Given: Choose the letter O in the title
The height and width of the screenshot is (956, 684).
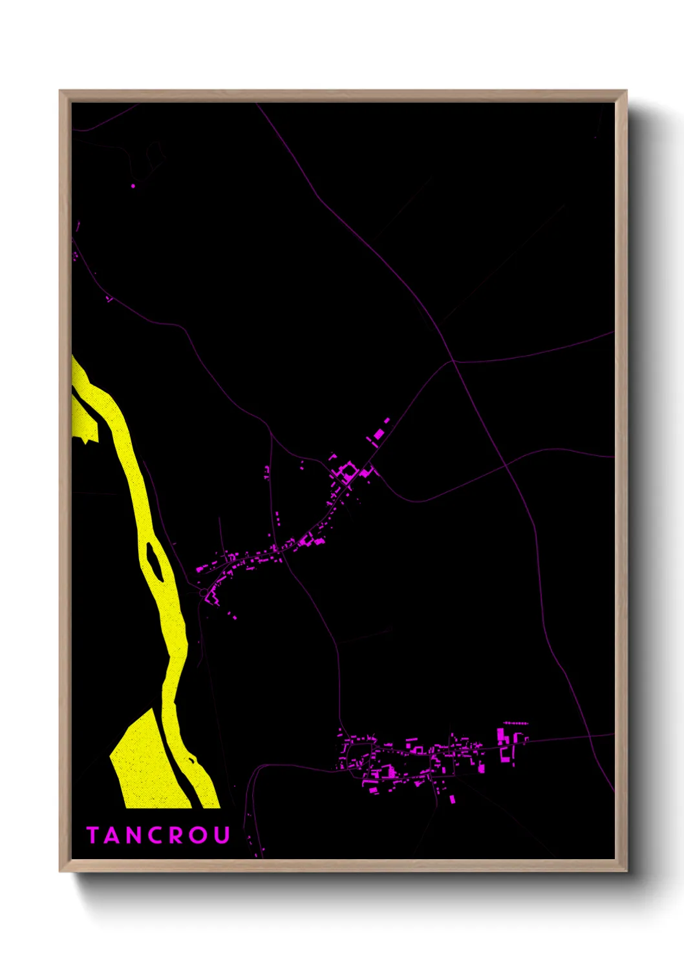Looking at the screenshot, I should pyautogui.click(x=198, y=835).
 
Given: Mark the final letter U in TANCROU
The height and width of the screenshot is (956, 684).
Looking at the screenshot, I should pyautogui.click(x=222, y=835).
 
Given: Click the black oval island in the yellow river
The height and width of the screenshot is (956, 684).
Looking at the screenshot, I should pyautogui.click(x=155, y=561).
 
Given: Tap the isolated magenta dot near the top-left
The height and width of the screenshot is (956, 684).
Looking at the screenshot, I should pyautogui.click(x=133, y=186).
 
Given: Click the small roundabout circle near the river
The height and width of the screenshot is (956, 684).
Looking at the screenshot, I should pyautogui.click(x=204, y=592).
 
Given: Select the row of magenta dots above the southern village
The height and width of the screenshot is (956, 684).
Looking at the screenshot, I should pyautogui.click(x=516, y=723).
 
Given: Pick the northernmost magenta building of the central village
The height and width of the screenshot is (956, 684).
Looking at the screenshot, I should pyautogui.click(x=387, y=420).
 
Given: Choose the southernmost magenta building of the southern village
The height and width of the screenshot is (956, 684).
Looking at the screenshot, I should pyautogui.click(x=452, y=800).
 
